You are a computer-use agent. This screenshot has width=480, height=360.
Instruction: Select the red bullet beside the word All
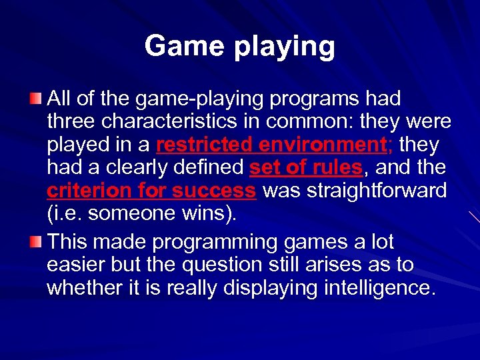35,99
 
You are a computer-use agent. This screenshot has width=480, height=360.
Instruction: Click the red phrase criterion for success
151,191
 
